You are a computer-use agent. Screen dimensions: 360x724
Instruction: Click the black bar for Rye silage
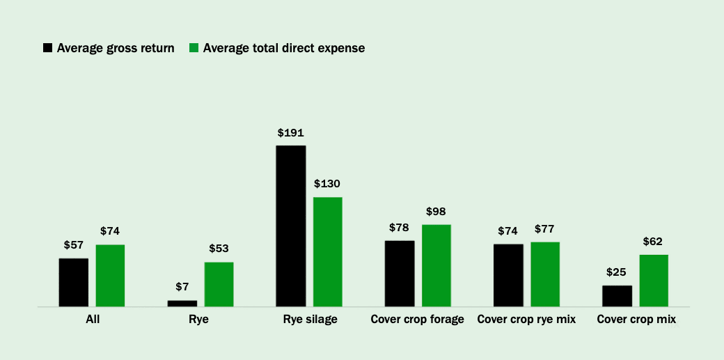tap(290, 226)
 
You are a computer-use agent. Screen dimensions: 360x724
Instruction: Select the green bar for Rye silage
tap(327, 251)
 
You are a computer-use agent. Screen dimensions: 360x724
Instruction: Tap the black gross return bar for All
tap(73, 282)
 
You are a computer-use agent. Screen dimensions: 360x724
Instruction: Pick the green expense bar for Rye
tap(219, 284)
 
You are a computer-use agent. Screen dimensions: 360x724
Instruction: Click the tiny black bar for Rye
tap(182, 303)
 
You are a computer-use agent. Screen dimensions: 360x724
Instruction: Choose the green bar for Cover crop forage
tap(436, 265)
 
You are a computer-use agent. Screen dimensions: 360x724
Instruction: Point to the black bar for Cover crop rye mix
tap(508, 275)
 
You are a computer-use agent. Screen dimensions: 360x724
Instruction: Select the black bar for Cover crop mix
tap(617, 296)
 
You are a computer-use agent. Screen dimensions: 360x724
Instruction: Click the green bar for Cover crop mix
tap(654, 280)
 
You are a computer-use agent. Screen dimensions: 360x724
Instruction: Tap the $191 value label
tap(290, 132)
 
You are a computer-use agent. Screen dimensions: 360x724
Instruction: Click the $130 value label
tap(327, 184)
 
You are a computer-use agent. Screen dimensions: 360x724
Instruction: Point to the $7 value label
tap(182, 286)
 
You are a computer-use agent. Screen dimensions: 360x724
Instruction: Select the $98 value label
tap(436, 211)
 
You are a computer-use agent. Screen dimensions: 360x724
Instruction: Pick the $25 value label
tap(617, 272)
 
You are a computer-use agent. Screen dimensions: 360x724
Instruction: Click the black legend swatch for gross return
tap(48, 48)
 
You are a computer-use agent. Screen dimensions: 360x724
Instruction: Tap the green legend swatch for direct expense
tap(194, 48)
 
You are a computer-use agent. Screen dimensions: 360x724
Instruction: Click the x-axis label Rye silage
tap(310, 320)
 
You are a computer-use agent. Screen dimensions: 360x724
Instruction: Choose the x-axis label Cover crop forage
tap(417, 320)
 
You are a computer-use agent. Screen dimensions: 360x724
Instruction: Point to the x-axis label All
tap(92, 320)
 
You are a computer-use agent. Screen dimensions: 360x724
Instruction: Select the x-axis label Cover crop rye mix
tap(526, 320)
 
